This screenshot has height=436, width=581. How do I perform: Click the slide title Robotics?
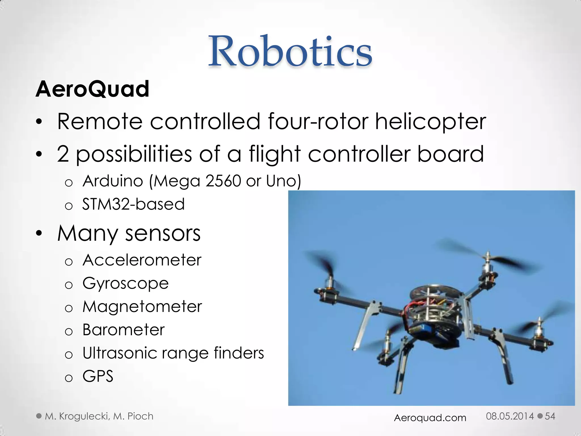(x=290, y=51)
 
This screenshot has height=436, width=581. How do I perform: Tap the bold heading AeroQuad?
(x=92, y=89)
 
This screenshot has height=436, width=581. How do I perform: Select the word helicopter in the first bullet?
(x=431, y=122)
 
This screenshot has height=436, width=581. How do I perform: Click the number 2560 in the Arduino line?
(x=223, y=181)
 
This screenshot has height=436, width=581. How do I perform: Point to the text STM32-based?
(x=133, y=204)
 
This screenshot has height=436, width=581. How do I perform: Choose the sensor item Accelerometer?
(x=142, y=260)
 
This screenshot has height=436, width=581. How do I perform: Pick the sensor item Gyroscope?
(x=125, y=283)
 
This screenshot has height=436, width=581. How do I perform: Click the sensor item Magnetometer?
(x=142, y=307)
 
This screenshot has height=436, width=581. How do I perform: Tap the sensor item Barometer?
(x=123, y=330)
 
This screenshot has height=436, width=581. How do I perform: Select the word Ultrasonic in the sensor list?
(x=119, y=353)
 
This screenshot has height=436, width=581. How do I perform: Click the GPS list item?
(x=98, y=376)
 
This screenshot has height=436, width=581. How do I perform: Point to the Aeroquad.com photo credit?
(x=430, y=418)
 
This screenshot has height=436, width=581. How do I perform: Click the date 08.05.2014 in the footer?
(x=510, y=416)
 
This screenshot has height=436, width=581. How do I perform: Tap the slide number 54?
(x=550, y=416)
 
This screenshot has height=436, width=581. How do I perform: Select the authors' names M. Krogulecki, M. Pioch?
(x=99, y=416)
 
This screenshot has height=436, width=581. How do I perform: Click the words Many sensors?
(x=129, y=233)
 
